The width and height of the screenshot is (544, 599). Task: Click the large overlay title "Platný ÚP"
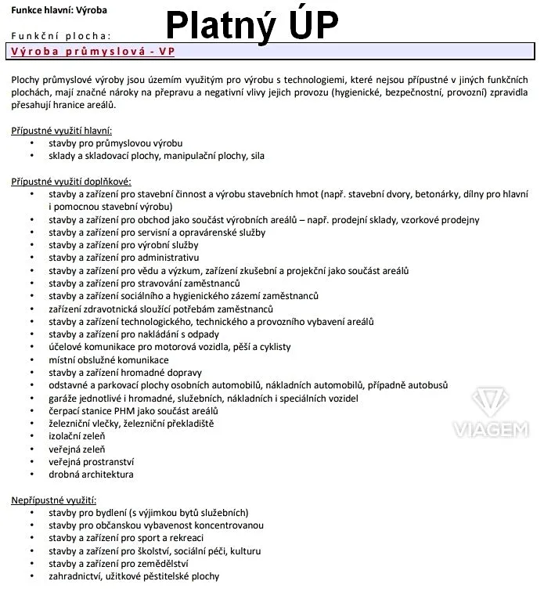(x=252, y=25)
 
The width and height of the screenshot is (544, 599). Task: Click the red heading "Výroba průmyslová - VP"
(x=93, y=52)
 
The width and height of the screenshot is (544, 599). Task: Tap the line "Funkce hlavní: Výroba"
(x=59, y=10)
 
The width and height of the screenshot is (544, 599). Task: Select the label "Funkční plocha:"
(x=61, y=35)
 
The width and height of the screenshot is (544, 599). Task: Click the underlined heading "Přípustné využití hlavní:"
(x=62, y=130)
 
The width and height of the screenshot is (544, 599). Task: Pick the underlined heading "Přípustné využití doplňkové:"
(x=71, y=181)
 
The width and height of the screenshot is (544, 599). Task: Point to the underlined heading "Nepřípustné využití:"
(x=53, y=500)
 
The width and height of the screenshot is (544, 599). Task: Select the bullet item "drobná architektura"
(x=91, y=474)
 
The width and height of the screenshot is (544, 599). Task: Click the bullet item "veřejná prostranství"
(x=91, y=461)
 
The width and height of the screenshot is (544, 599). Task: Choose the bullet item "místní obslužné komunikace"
(x=108, y=359)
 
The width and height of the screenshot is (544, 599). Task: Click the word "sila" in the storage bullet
(x=257, y=156)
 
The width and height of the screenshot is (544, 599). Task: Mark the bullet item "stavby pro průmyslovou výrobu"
(x=115, y=143)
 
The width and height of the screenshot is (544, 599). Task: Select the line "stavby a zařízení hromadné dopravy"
(x=125, y=372)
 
